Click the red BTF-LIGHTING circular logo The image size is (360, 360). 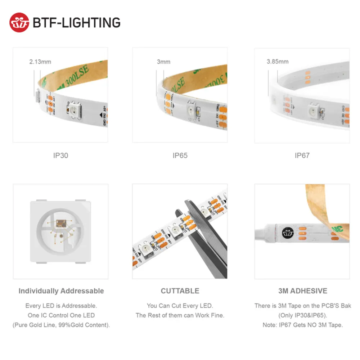point(19,22)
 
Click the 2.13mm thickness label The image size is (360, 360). point(40,62)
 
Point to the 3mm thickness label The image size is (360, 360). point(163,62)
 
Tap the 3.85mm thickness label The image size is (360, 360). point(277,62)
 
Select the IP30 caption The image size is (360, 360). point(60,156)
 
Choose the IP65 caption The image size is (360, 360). point(180,156)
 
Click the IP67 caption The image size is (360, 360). point(302,156)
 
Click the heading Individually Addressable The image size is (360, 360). point(61,291)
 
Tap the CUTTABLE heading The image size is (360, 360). point(180,291)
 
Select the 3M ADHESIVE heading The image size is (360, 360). point(303,291)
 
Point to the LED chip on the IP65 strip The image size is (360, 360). point(190,111)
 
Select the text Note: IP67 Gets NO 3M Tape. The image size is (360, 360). point(302,325)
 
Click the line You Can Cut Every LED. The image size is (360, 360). point(180,306)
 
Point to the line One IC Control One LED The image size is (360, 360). point(61,315)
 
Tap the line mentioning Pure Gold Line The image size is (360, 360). point(61,325)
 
